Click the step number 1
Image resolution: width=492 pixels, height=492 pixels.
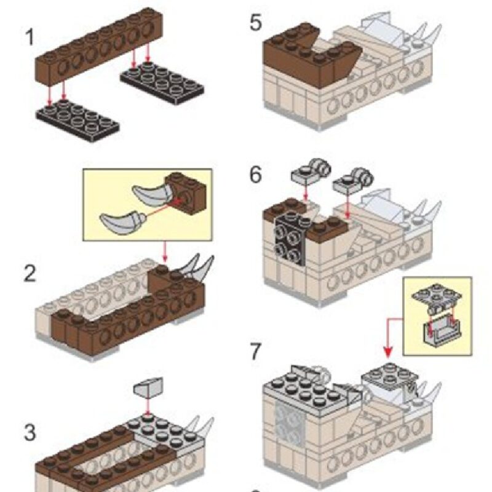pos(29,37)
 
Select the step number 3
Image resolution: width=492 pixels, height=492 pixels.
pos(30,432)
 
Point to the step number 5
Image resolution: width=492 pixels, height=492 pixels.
pos(256,24)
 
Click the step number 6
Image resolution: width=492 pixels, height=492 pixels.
pos(256,175)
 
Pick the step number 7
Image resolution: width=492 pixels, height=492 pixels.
pos(256,352)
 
